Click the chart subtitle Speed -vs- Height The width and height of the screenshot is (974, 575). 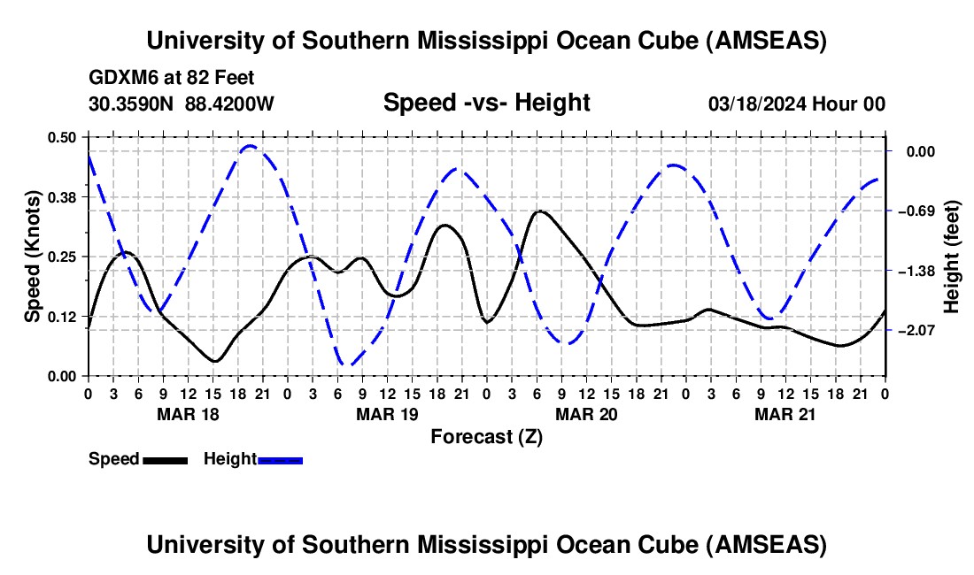tap(486, 103)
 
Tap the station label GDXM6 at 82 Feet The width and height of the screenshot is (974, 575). tap(172, 78)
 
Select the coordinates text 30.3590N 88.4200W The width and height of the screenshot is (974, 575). tap(182, 103)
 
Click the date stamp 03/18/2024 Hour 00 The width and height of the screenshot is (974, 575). tap(797, 103)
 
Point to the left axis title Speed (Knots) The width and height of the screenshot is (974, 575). tap(33, 257)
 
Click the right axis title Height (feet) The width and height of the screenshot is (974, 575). tap(951, 257)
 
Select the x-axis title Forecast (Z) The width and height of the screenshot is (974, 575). tap(486, 436)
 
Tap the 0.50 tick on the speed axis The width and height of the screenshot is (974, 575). tap(63, 136)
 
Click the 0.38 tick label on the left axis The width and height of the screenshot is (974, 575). tap(63, 196)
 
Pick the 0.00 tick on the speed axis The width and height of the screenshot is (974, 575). tap(63, 376)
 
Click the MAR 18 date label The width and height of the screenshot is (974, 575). tap(187, 413)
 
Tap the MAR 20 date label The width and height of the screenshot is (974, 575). tap(585, 413)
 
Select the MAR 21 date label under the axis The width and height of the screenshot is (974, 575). tap(785, 413)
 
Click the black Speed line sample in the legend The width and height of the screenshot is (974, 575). tap(165, 459)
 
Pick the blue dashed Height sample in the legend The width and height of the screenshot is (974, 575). tap(280, 459)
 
